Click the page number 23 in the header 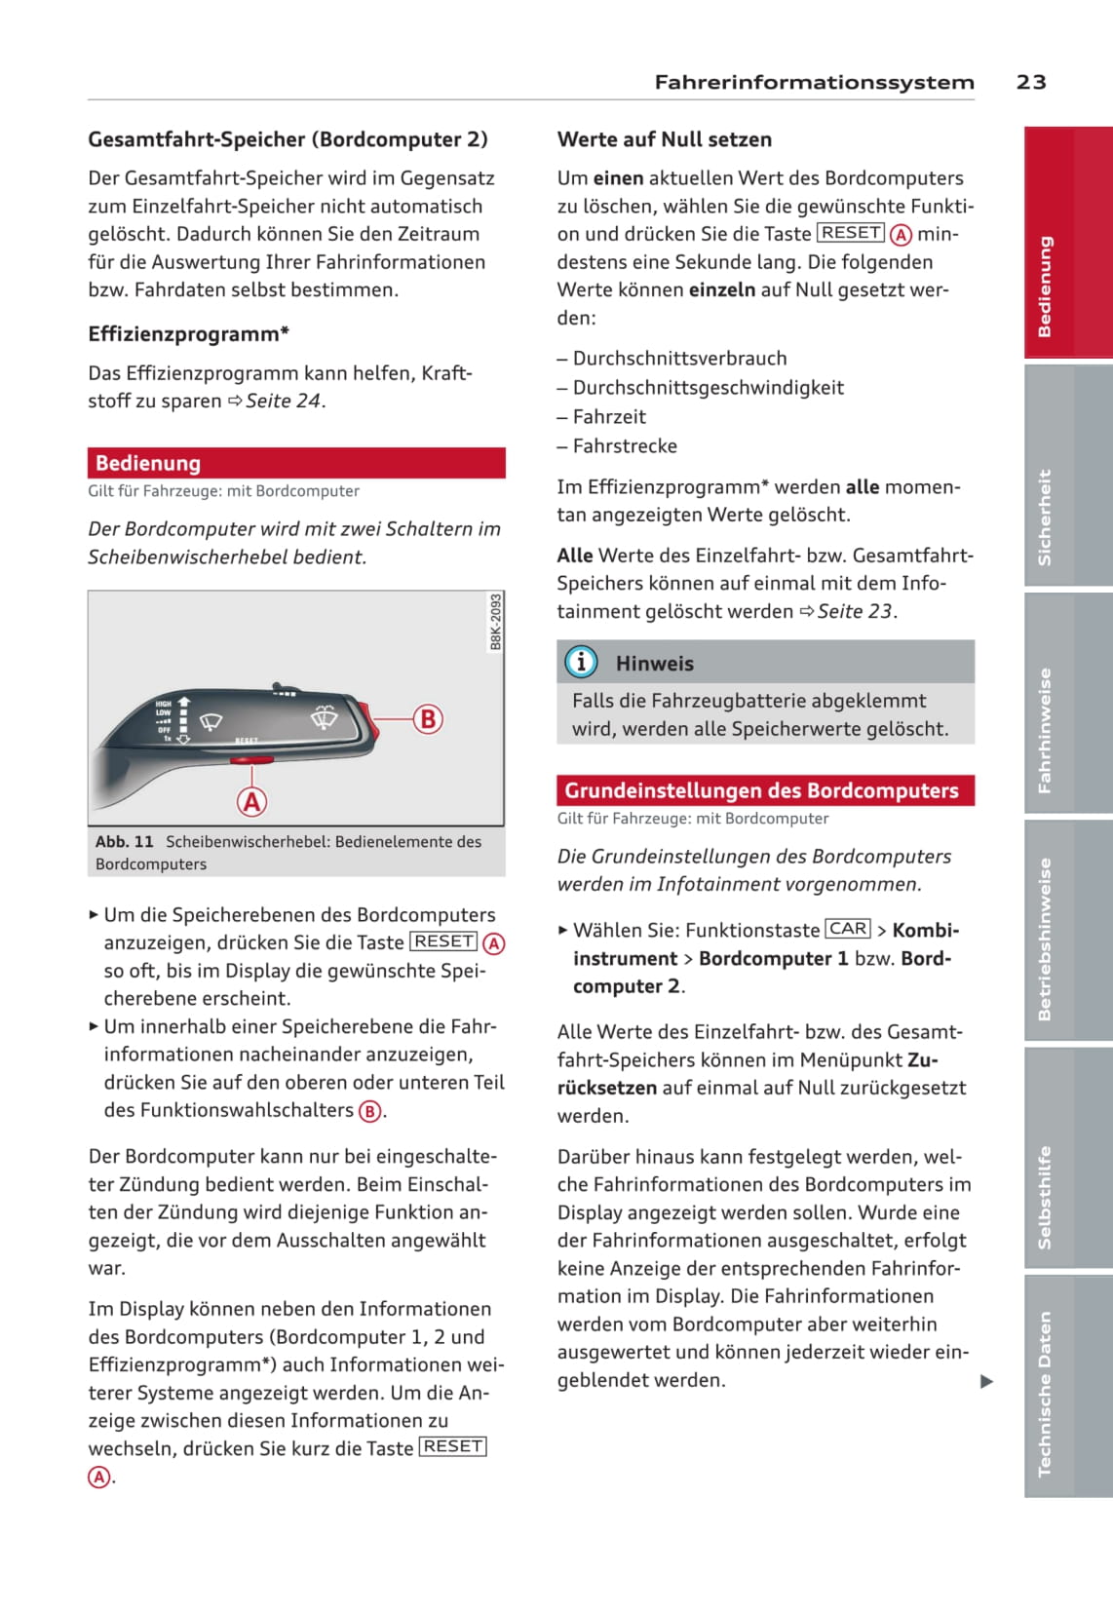1030,82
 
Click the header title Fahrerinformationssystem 814,82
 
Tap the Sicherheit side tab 1045,517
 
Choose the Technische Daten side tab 1045,1393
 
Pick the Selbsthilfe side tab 1045,1197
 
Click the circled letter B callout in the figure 427,719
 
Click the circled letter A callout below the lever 251,802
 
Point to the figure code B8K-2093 495,622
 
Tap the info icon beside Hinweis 581,663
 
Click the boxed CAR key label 848,929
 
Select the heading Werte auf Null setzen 664,139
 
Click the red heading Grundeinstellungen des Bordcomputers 761,790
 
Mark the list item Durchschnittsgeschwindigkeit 708,388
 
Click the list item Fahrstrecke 625,446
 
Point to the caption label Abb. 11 124,841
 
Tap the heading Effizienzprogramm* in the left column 188,334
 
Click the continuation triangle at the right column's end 986,1381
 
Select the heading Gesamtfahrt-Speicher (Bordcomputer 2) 288,139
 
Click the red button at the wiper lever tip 365,718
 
